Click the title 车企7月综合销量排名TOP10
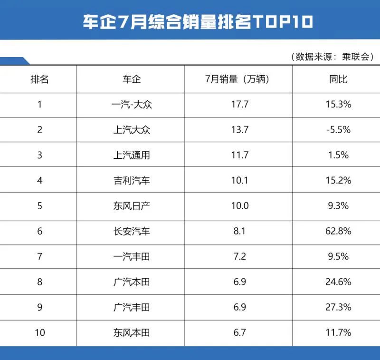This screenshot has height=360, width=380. [190, 21]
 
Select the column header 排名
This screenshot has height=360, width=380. [40, 79]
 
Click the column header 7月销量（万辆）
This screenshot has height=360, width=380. [238, 79]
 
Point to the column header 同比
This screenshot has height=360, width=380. [338, 79]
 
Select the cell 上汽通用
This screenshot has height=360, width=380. [131, 155]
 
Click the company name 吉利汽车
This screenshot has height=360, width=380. [131, 180]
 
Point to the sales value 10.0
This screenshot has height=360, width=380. [238, 206]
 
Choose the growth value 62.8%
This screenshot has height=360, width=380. [338, 231]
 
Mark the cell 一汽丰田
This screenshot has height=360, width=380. [131, 257]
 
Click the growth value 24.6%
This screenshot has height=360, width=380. [338, 282]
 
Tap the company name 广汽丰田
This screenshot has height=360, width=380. [131, 307]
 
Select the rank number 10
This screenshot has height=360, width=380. [40, 333]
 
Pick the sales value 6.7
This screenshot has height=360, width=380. [238, 333]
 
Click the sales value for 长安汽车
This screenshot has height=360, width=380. [238, 231]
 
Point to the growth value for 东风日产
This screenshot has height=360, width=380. [338, 206]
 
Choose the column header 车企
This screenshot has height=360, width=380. [131, 79]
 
